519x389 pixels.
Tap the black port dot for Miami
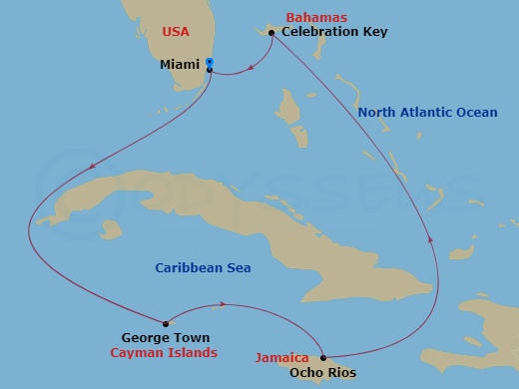[210, 70]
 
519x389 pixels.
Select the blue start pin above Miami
[209, 62]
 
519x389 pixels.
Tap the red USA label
[176, 32]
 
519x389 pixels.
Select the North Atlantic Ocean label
[427, 113]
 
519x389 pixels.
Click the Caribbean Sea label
[203, 268]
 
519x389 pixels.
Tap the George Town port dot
[165, 322]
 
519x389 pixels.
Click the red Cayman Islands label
[164, 354]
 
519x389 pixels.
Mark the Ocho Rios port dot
[323, 357]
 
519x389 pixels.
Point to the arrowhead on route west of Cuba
[92, 167]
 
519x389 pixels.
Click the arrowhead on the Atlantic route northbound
[431, 239]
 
